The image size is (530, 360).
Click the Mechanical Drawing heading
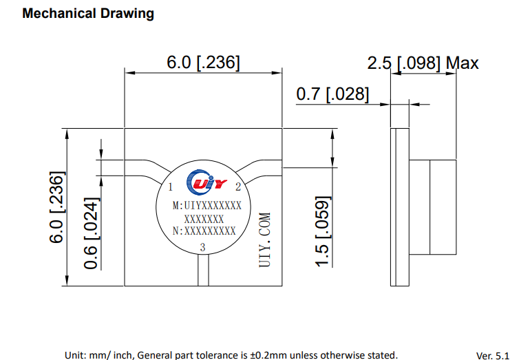click(x=88, y=14)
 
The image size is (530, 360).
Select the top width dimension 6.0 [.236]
click(x=203, y=63)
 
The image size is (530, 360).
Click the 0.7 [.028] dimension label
click(x=332, y=94)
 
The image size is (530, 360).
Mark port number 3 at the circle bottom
click(x=202, y=247)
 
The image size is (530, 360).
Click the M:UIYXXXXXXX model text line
click(x=206, y=206)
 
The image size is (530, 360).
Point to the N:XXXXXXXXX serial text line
click(x=204, y=231)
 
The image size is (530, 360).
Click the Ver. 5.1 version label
click(x=493, y=355)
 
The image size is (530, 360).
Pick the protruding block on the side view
click(x=433, y=207)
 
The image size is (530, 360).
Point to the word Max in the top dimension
click(x=462, y=63)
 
